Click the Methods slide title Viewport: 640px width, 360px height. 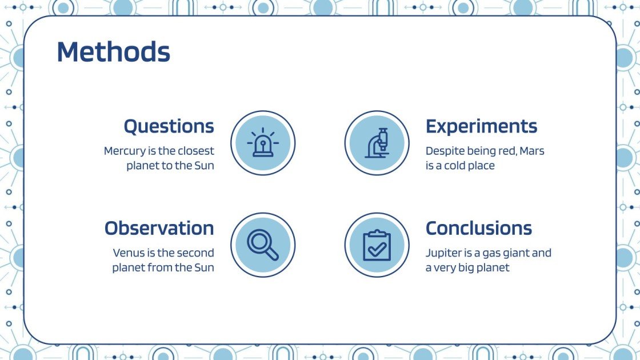pos(114,52)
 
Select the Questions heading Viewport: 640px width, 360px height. pos(169,126)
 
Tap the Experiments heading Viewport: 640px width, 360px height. pos(481,127)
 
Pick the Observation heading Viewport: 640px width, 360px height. pos(159,228)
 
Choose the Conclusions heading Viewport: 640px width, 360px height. pos(479,228)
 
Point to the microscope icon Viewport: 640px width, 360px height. pos(377,143)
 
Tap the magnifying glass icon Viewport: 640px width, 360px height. pos(263,245)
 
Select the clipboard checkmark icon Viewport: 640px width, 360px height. pos(377,245)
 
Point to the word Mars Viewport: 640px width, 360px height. pos(532,151)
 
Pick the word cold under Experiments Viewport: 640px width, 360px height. pos(457,166)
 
